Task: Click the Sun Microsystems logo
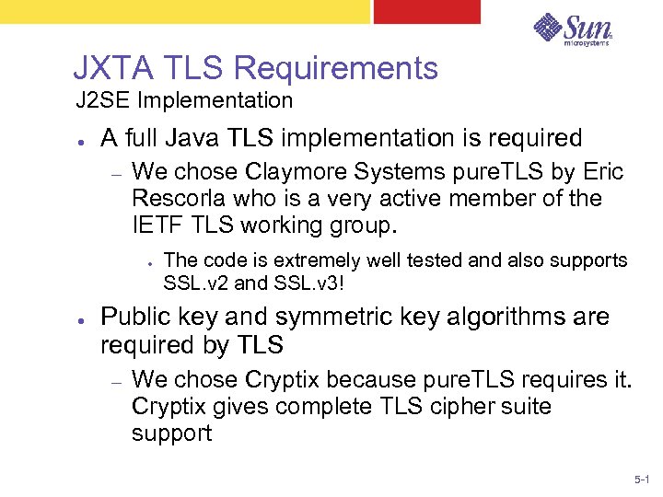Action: tap(573, 29)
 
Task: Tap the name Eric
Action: tap(602, 172)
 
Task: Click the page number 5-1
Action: tap(641, 480)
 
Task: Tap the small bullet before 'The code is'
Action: tap(148, 261)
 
